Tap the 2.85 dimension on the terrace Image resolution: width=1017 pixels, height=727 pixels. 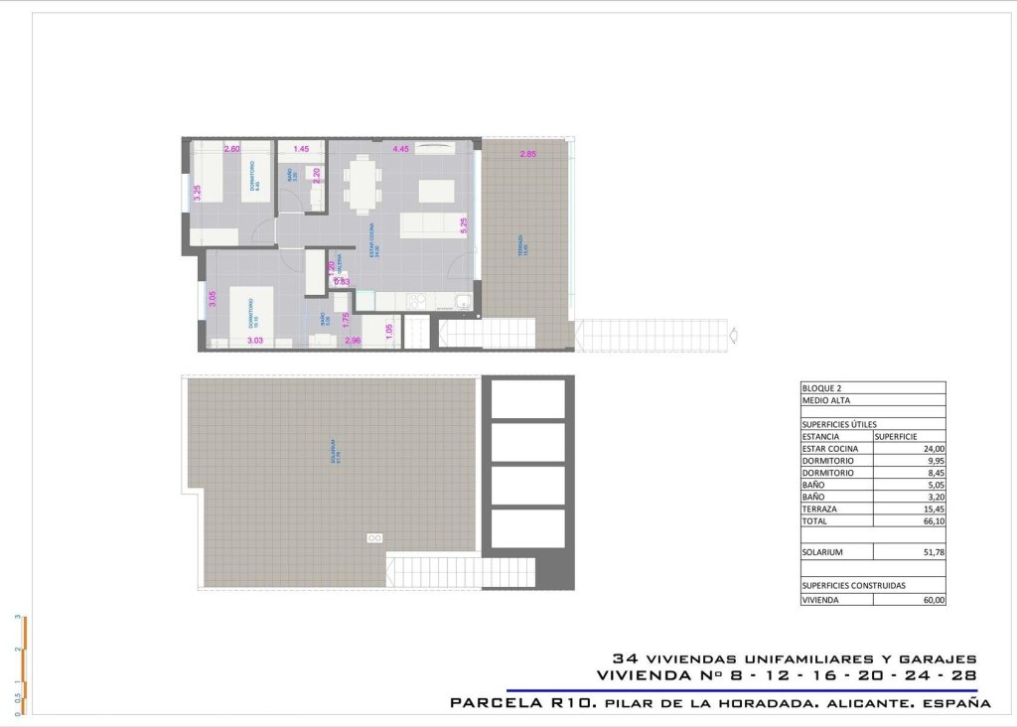pos(528,154)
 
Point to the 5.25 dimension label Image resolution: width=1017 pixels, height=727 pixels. pos(464,225)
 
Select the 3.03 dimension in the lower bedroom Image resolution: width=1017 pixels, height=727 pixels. pos(254,341)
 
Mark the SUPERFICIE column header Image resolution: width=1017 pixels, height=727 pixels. pos(895,436)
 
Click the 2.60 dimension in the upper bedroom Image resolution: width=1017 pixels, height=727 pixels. pos(231,149)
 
